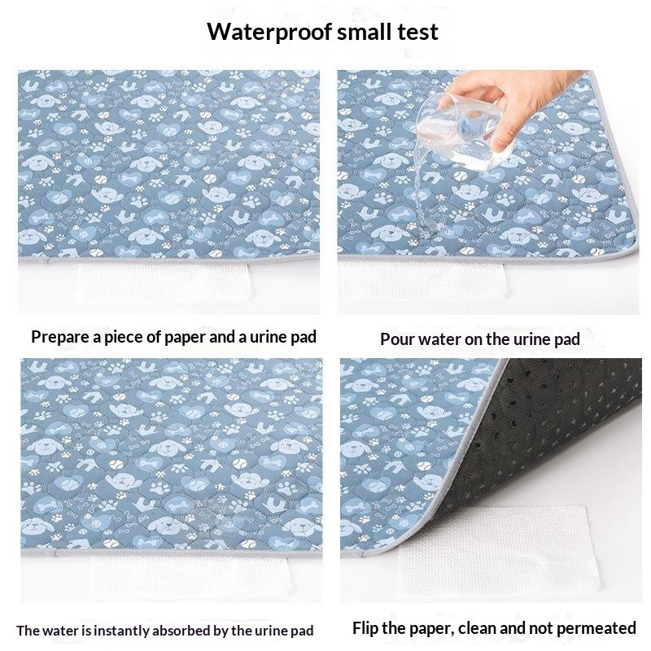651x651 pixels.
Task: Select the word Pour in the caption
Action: pos(398,339)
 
